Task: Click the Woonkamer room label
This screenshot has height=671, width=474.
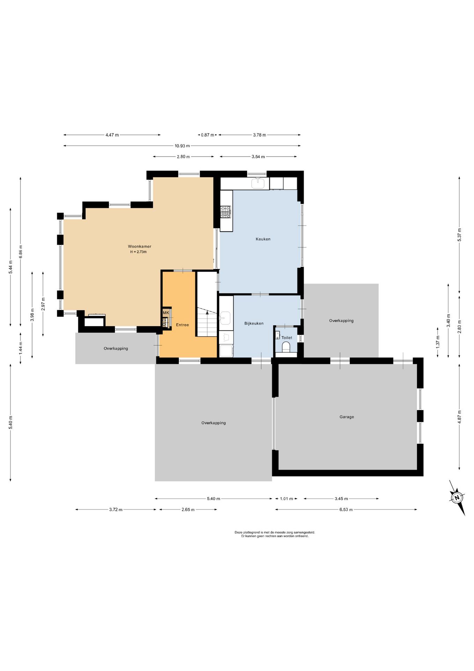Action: pos(139,246)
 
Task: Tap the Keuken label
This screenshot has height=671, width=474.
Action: pos(263,239)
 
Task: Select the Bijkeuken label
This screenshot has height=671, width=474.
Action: pos(254,323)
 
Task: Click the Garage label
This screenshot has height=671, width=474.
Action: pos(347,417)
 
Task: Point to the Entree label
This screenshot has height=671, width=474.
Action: pos(182,325)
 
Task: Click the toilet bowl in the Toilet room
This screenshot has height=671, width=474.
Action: pos(286,347)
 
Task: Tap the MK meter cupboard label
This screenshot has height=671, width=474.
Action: pos(166,312)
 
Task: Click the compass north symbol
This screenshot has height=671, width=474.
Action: pos(457,497)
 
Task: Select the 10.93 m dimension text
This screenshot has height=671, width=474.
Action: pos(182,146)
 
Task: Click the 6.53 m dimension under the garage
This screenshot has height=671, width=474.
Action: pos(346,510)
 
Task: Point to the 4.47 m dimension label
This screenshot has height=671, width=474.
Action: pos(112,135)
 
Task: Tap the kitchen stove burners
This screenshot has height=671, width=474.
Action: pos(225,212)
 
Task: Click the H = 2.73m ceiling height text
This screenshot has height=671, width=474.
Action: pos(139,252)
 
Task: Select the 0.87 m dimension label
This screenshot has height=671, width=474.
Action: pos(207,135)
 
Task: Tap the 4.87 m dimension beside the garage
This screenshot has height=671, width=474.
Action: pos(459,417)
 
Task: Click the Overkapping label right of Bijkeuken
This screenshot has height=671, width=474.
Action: pos(341,320)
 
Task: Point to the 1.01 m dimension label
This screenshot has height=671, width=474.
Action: pos(286,499)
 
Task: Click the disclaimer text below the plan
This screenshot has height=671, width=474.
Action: pos(275,534)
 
